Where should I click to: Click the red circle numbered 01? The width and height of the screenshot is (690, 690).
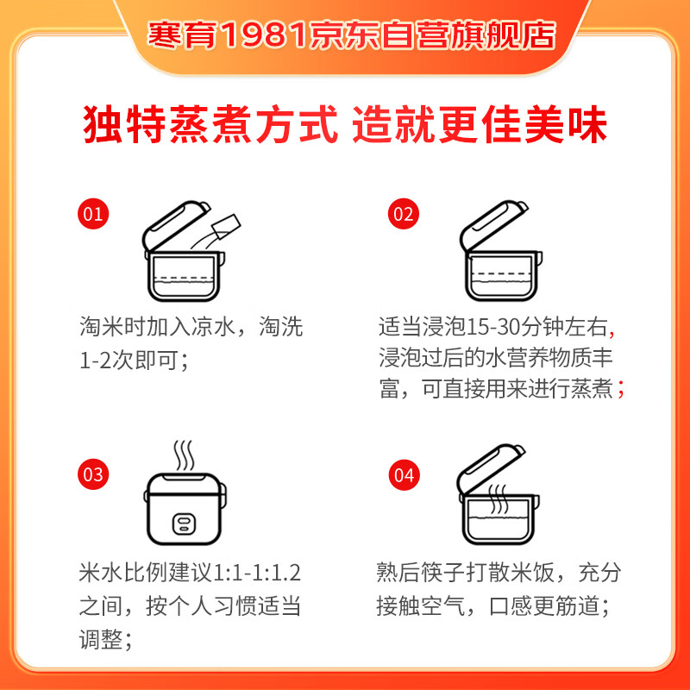pyautogui.click(x=93, y=214)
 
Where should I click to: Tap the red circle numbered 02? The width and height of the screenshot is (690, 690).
pyautogui.click(x=403, y=214)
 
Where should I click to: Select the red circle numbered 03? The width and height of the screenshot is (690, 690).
pyautogui.click(x=93, y=474)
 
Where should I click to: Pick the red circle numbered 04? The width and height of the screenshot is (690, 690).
pyautogui.click(x=403, y=474)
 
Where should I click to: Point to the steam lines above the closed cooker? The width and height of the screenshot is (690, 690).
pyautogui.click(x=184, y=453)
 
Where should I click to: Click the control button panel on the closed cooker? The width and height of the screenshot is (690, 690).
pyautogui.click(x=183, y=524)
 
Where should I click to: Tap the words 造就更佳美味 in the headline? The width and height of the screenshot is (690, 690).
pyautogui.click(x=481, y=125)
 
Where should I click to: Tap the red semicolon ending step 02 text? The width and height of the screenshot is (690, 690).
pyautogui.click(x=621, y=390)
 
